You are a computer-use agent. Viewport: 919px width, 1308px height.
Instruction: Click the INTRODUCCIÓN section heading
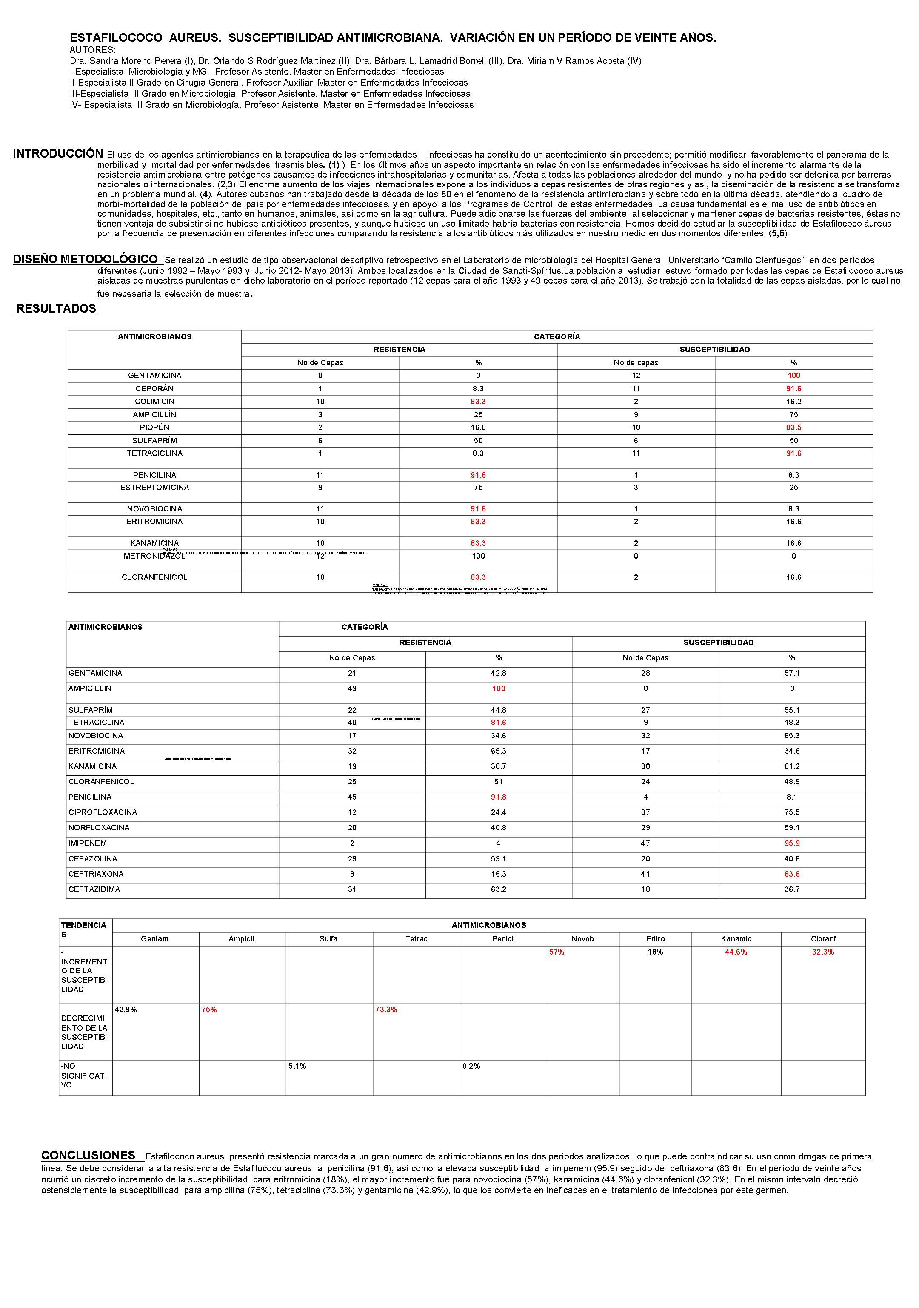[57, 153]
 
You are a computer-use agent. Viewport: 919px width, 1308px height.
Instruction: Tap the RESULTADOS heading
[56, 308]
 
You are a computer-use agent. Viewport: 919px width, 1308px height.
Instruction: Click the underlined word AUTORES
[92, 49]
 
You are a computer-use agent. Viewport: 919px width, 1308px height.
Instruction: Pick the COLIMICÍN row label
[154, 401]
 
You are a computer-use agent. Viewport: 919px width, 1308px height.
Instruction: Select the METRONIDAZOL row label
[154, 556]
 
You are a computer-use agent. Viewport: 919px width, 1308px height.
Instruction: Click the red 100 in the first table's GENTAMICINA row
[793, 376]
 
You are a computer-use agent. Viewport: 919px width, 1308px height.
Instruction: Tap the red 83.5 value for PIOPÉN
[793, 427]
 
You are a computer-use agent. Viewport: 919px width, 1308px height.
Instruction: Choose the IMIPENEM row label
[88, 843]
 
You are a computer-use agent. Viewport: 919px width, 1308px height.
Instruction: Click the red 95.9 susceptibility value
[791, 843]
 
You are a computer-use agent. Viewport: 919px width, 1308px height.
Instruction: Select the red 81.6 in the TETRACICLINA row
[498, 723]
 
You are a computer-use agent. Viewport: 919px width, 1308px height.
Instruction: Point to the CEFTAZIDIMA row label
[94, 889]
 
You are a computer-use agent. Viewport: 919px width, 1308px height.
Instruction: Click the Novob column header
[582, 939]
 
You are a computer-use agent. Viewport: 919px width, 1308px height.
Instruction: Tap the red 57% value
[557, 952]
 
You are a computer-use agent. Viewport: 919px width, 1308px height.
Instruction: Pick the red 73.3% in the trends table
[386, 1010]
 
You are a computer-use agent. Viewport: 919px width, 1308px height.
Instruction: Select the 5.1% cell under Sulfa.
[297, 1066]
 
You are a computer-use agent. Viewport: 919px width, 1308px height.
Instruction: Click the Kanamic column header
[736, 939]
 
